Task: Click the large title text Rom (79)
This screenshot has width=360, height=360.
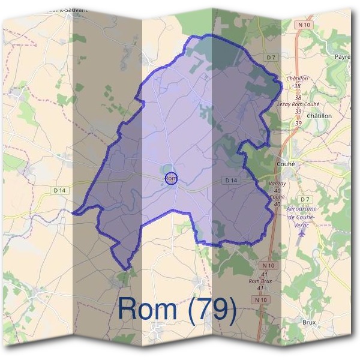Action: click(x=178, y=308)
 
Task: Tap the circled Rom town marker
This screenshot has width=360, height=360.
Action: click(x=171, y=178)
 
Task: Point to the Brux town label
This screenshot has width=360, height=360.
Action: click(x=309, y=322)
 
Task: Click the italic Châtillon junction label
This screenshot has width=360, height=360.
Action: click(x=296, y=79)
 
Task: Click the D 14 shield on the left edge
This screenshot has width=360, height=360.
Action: click(x=58, y=190)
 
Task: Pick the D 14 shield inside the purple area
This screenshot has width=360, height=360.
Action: click(x=231, y=180)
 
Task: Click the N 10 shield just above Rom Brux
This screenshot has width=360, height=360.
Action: click(x=268, y=264)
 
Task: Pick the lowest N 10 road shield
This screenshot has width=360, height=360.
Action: click(x=259, y=299)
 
